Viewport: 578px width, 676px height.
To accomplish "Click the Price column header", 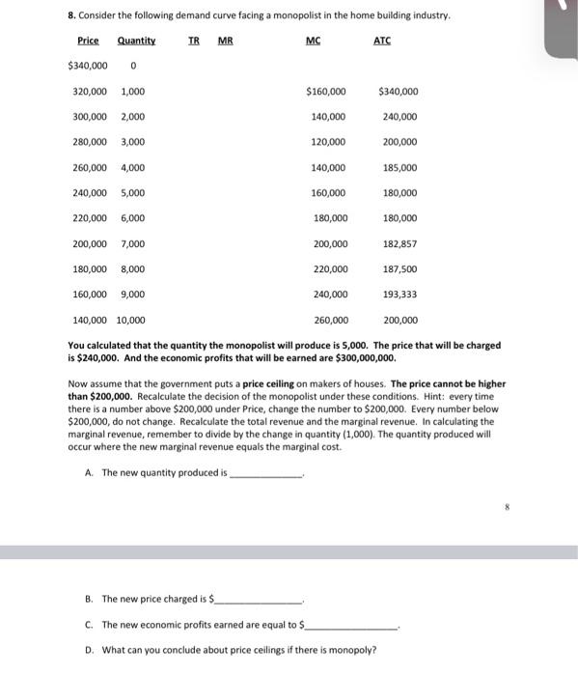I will tap(88, 41).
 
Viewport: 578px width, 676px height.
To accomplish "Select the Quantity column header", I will tap(136, 41).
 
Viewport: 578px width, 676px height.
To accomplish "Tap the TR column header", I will tap(194, 41).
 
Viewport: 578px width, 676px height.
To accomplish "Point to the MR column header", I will tap(225, 41).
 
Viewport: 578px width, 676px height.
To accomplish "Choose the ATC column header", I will tap(383, 41).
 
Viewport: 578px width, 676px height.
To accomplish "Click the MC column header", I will tap(313, 41).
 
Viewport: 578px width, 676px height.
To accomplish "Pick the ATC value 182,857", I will tap(399, 244).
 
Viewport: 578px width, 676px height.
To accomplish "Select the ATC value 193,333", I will tap(399, 295).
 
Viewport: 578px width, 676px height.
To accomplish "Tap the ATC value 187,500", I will tap(399, 269).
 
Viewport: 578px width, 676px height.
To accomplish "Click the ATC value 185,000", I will tap(399, 168).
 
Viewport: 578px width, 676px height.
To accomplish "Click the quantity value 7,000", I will tap(133, 244).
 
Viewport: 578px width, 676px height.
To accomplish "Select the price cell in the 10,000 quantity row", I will tap(91, 320).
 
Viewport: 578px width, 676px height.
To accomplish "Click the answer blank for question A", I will tap(266, 474).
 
